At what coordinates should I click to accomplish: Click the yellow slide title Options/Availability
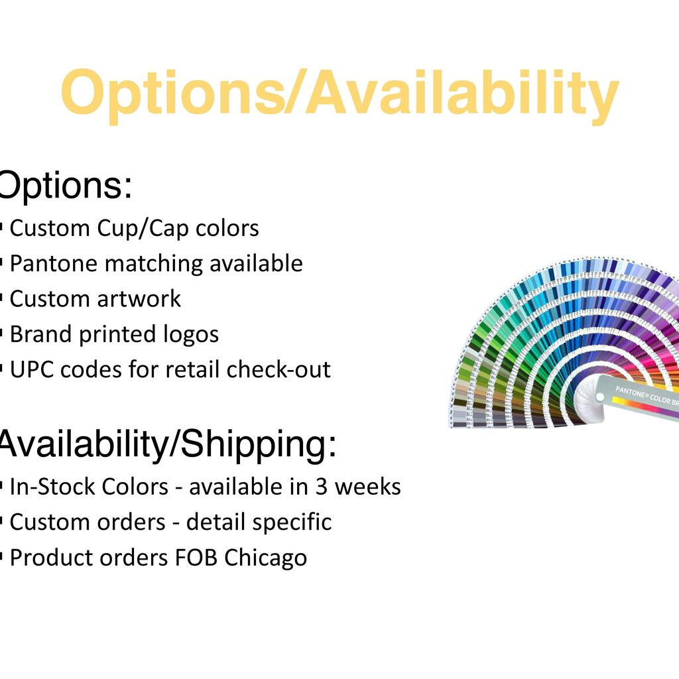click(339, 95)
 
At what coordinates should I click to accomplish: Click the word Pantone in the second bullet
click(54, 263)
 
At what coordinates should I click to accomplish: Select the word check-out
click(278, 370)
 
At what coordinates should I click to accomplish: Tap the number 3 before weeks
click(322, 487)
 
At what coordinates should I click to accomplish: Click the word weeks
click(368, 487)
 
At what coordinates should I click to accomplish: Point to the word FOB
click(196, 557)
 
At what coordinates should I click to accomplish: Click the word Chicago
click(265, 558)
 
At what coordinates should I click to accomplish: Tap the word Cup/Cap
click(143, 229)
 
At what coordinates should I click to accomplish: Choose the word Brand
click(40, 334)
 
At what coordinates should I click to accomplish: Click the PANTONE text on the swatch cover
click(631, 393)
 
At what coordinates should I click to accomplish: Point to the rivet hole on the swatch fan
click(599, 397)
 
